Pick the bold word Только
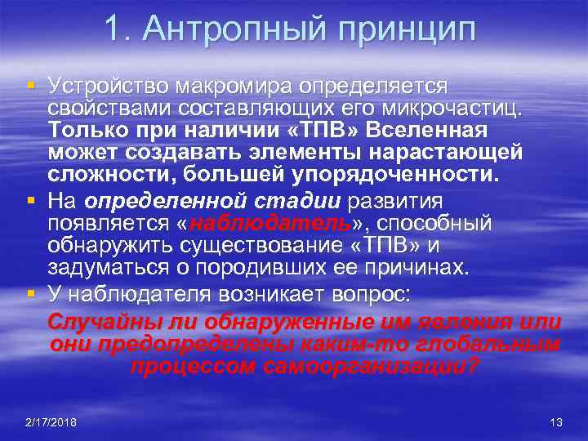pos(85,131)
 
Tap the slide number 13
pos(557,421)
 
